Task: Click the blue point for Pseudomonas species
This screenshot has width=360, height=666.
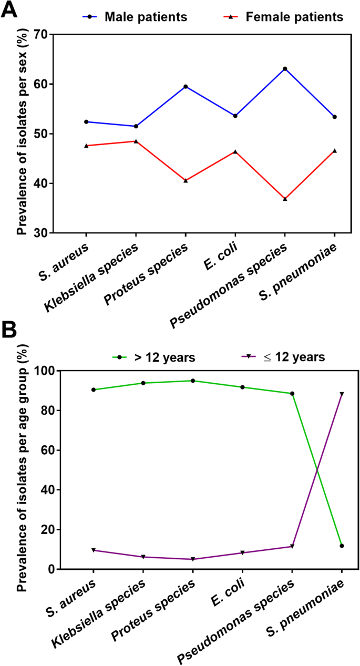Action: click(x=285, y=69)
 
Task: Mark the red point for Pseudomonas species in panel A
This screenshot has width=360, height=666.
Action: click(x=285, y=199)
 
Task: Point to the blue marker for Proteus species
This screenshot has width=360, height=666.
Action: click(x=186, y=86)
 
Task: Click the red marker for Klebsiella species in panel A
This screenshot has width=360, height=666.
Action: click(x=136, y=141)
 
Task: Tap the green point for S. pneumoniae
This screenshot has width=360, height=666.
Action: click(x=342, y=546)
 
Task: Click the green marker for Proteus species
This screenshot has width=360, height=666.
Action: click(x=193, y=381)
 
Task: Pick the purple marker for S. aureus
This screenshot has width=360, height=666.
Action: click(x=93, y=550)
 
